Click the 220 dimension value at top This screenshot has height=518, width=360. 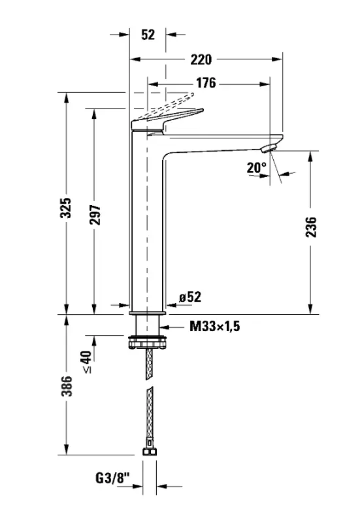pos(201,59)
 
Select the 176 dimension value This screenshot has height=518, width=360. pos(205,83)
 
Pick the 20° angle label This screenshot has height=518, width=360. pos(257,167)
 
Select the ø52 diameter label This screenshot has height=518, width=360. pos(189,297)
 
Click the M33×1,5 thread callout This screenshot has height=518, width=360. pos(215,326)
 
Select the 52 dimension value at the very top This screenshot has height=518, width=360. pos(148,35)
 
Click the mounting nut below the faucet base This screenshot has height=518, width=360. pos(148,340)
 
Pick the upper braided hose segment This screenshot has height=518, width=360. pos(149,363)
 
